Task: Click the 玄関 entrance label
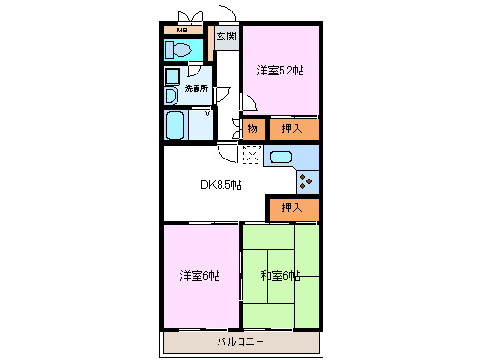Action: click(x=225, y=37)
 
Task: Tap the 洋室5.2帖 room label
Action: click(x=279, y=71)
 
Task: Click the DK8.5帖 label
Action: click(x=219, y=184)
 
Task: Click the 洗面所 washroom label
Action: click(x=196, y=89)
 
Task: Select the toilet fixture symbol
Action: click(x=181, y=50)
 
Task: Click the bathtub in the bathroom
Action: click(x=176, y=125)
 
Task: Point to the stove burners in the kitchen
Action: click(x=308, y=179)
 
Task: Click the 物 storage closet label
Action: click(x=253, y=128)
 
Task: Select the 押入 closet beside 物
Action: click(x=291, y=128)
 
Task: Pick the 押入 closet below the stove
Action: click(x=291, y=207)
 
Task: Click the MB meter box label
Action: click(x=181, y=30)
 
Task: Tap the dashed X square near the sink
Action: click(x=251, y=155)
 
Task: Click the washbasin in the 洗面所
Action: click(x=171, y=95)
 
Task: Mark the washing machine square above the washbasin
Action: click(x=173, y=75)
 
